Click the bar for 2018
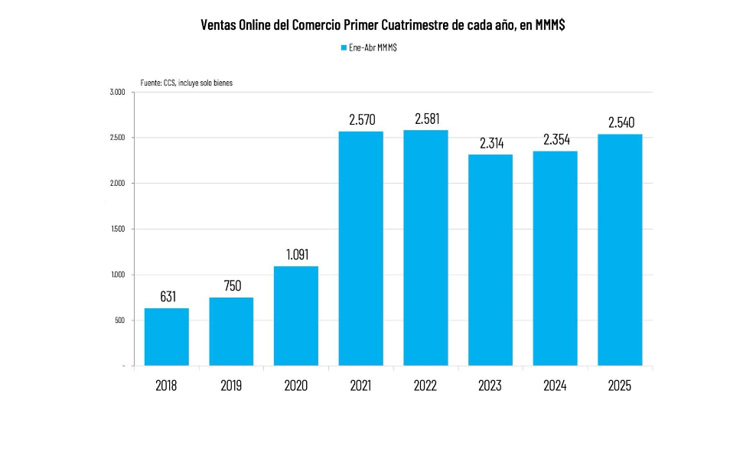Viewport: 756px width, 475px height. [166, 337]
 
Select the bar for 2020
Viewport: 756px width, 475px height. [295, 315]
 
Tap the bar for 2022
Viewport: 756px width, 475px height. [425, 248]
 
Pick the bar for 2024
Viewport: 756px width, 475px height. [555, 258]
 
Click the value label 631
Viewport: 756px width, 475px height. [166, 296]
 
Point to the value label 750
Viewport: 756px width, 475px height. [231, 285]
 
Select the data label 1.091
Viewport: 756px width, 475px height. [295, 255]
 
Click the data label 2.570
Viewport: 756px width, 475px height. [360, 119]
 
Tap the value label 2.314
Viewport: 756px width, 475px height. [490, 142]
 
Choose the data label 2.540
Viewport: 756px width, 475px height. [620, 122]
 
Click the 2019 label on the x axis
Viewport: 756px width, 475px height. [231, 386]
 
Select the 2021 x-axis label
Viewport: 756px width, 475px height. [360, 386]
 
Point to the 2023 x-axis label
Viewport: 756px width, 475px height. [490, 386]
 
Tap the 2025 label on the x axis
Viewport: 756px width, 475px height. [620, 386]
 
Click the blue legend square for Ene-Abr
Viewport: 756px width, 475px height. [344, 47]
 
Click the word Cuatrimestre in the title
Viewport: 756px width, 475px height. [415, 24]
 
